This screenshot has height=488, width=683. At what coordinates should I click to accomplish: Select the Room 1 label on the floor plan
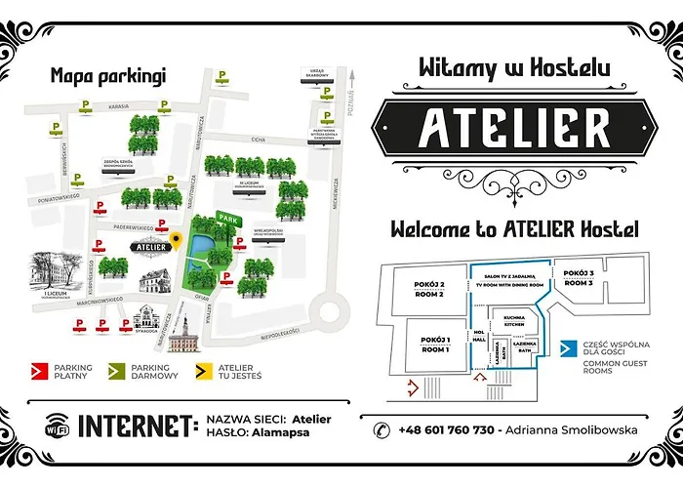click(x=434, y=345)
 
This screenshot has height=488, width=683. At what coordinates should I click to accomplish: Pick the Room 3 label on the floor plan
click(x=579, y=278)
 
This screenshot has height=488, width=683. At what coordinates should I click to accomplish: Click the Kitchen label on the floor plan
click(x=513, y=321)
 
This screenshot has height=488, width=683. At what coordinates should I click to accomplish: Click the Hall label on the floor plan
click(x=479, y=338)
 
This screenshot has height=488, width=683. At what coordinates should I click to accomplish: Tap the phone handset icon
click(x=382, y=429)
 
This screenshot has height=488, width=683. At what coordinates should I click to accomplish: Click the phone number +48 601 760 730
click(x=444, y=429)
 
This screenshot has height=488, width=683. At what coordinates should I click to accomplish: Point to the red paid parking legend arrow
click(x=40, y=370)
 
